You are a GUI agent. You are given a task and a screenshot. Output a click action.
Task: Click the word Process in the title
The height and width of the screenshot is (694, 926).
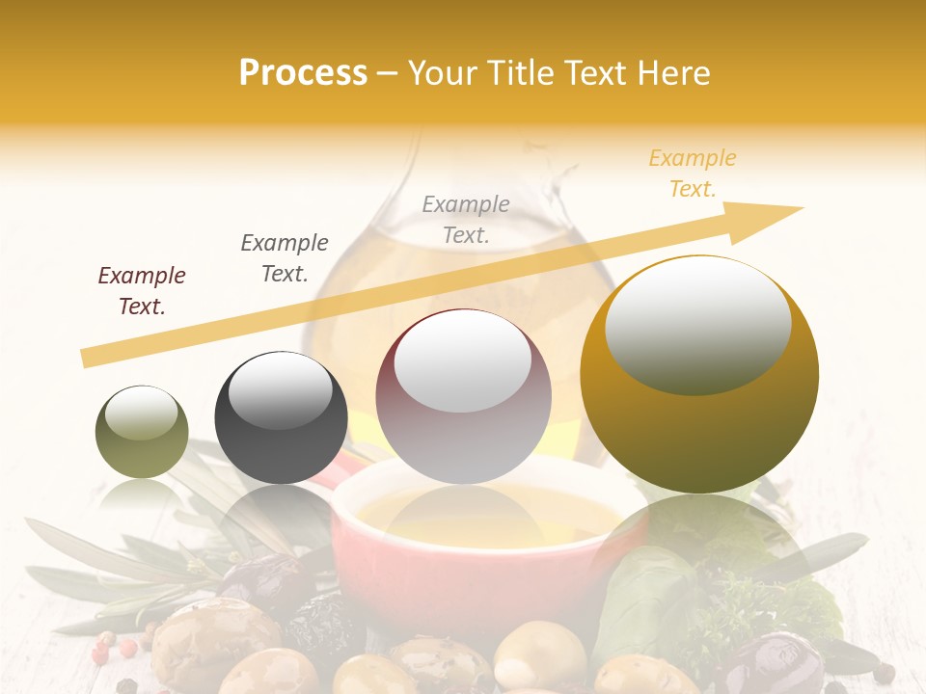(x=303, y=73)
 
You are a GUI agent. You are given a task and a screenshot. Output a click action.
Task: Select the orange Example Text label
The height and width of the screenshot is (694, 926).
(x=693, y=173)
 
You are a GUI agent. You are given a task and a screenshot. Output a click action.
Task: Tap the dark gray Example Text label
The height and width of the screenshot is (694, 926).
(x=285, y=257)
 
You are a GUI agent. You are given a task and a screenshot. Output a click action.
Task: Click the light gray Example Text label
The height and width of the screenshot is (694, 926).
(x=466, y=219)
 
